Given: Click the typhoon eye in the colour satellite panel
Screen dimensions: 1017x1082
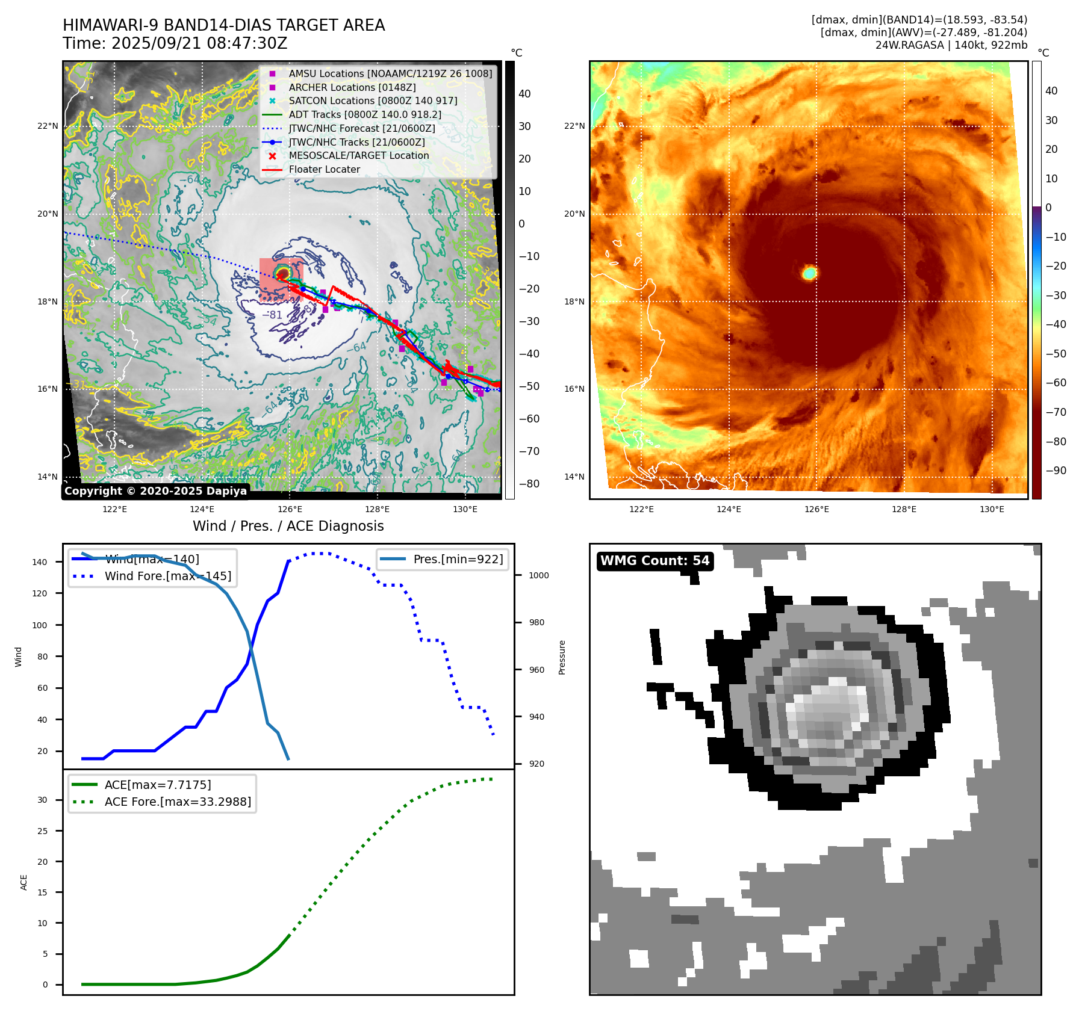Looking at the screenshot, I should point(810,273).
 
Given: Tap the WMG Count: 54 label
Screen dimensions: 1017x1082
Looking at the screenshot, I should point(654,561).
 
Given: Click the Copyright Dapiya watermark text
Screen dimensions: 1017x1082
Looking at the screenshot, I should point(155,491).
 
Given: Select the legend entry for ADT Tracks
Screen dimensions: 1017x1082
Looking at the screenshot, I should point(365,114).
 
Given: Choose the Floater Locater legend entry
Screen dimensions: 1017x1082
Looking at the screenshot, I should point(324,170).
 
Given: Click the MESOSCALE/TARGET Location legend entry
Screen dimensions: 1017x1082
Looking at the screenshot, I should point(359,156).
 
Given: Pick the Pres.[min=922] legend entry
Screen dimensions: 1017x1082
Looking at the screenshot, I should point(458,559).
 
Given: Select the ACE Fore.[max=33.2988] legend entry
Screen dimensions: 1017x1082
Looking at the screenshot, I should point(178,802).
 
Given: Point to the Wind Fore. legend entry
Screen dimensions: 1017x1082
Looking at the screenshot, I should point(167,576).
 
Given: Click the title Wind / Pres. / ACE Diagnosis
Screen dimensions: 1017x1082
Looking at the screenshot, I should point(288,526).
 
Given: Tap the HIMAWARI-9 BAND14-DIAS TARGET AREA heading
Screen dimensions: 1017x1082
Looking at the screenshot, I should point(223,25).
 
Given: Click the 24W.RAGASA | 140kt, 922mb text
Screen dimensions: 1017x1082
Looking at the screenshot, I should point(951,45).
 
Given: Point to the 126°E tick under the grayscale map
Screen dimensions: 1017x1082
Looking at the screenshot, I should point(290,509).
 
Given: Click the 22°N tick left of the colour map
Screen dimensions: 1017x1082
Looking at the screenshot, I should point(574,126).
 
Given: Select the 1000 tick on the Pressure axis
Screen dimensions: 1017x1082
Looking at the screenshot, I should point(538,575).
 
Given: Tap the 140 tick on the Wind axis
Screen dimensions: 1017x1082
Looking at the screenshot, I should point(40,562).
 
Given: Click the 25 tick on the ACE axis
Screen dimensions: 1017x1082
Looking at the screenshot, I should point(42,831).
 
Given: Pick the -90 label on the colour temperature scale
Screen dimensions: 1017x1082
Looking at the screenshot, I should point(1056,471).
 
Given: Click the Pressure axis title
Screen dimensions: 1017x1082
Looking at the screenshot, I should point(562,657).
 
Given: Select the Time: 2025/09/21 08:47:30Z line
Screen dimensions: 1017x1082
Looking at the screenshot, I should point(175,44).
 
